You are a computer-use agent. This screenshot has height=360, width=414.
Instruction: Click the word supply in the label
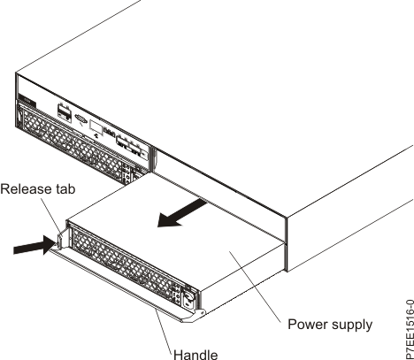pos(350,325)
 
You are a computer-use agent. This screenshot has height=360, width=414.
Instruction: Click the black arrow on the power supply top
pos(182,215)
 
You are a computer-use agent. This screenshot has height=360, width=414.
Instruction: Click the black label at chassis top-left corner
pos(26,103)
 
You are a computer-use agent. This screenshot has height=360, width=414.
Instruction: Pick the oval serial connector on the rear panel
pos(79,116)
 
